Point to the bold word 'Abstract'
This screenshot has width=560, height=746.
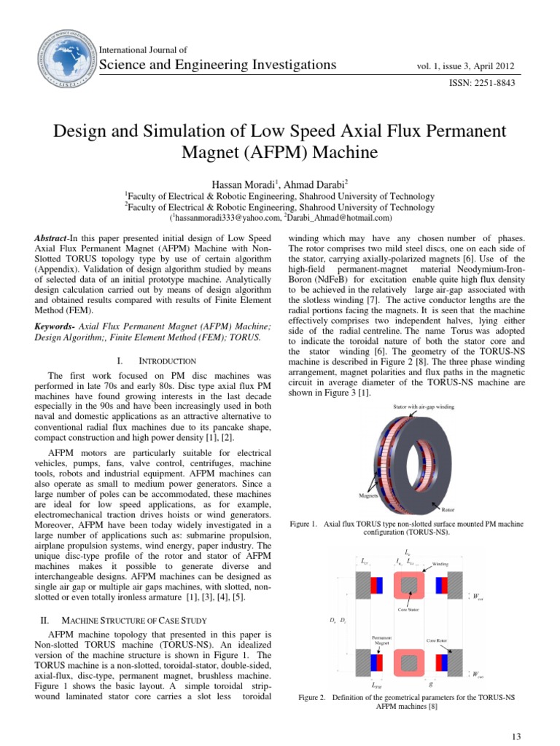click(53, 239)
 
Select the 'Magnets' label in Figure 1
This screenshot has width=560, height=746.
click(369, 494)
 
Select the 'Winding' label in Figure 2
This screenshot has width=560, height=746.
click(440, 563)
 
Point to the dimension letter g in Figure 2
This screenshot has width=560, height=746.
click(432, 684)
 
